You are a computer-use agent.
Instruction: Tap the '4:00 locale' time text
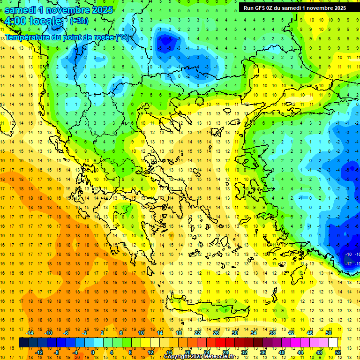coord(33,21)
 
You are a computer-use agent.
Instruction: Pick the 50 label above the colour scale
coord(328,333)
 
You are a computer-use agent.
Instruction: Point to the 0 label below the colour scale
coord(92,352)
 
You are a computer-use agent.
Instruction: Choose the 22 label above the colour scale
coord(197,333)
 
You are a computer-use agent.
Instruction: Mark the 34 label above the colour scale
coord(254,333)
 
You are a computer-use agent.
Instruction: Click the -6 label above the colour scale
coord(66,333)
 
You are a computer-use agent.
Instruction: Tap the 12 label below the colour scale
coord(150,352)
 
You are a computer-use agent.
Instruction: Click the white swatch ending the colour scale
coord(333,342)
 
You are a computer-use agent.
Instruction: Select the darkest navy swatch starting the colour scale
coord(23,342)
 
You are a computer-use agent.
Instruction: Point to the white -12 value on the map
coord(348,263)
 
